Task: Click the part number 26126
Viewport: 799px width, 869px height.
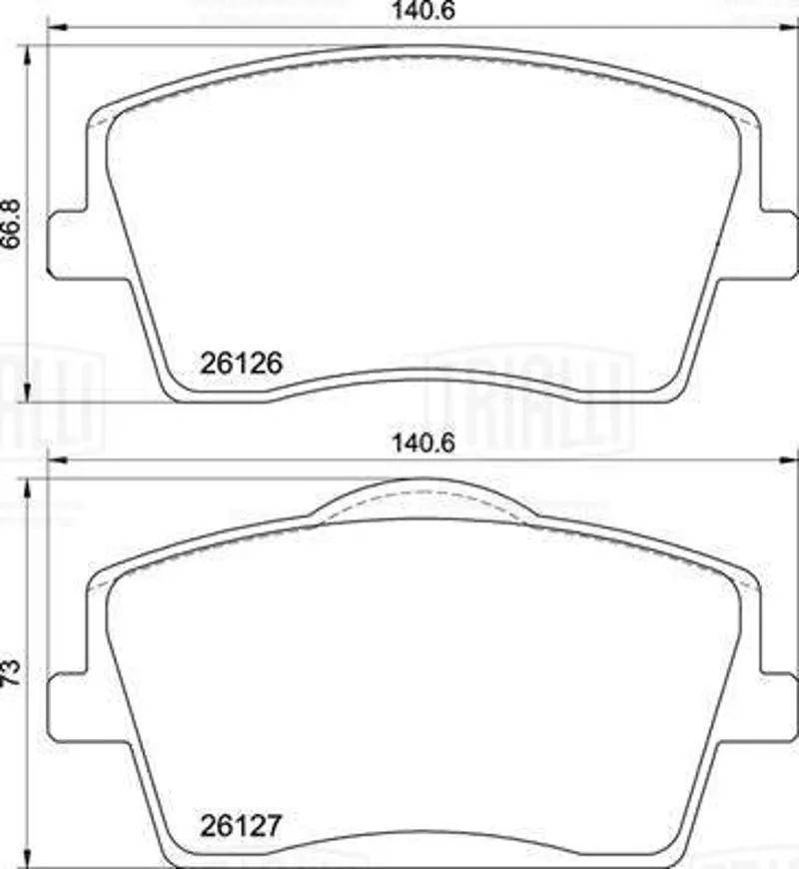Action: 241,364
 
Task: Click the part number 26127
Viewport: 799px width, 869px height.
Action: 241,826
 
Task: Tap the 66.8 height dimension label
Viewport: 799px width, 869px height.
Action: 12,223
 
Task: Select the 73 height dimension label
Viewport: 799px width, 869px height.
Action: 12,672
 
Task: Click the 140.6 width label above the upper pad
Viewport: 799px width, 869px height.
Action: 423,11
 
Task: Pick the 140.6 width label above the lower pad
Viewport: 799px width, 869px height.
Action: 423,442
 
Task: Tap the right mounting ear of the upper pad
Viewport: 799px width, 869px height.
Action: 778,244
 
